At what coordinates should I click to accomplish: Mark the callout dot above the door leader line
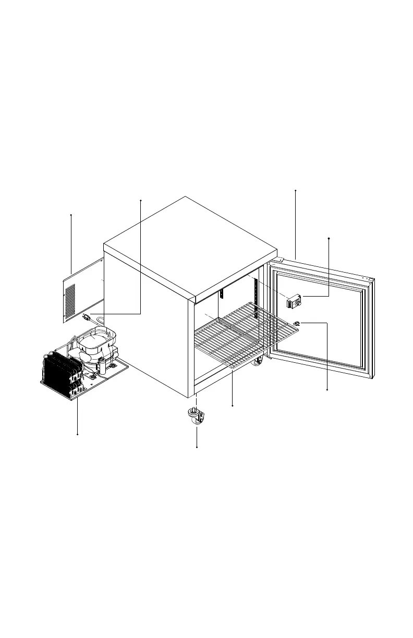click(x=295, y=191)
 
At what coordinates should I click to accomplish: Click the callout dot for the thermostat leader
click(x=329, y=238)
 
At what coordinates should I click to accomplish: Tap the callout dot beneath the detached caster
click(x=197, y=447)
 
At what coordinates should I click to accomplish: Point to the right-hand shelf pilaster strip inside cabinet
click(x=256, y=302)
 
